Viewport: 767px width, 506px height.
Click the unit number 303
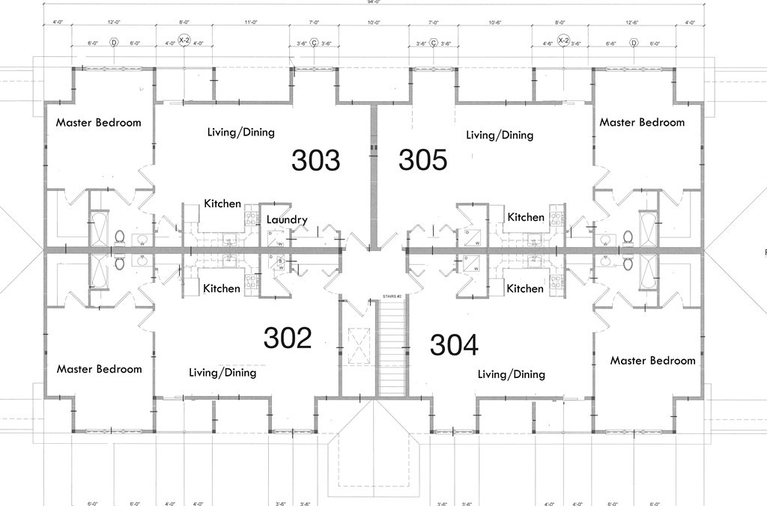(315, 160)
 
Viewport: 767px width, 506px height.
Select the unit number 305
(422, 160)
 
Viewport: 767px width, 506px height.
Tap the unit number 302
(288, 338)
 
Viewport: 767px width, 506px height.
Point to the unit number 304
(454, 345)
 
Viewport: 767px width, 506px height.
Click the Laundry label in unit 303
(287, 220)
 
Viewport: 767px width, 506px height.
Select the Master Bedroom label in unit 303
(98, 123)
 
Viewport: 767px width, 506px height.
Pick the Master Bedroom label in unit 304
(652, 361)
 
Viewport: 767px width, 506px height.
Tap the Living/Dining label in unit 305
(500, 135)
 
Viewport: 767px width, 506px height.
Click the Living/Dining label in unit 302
(222, 373)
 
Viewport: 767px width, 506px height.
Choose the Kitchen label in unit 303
(222, 204)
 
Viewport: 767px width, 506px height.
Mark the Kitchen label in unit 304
(525, 289)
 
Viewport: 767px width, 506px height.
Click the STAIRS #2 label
(392, 296)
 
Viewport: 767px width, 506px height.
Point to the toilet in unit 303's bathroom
(118, 238)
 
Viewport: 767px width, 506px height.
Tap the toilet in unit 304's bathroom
(628, 263)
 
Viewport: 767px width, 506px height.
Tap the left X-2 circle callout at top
(184, 40)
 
